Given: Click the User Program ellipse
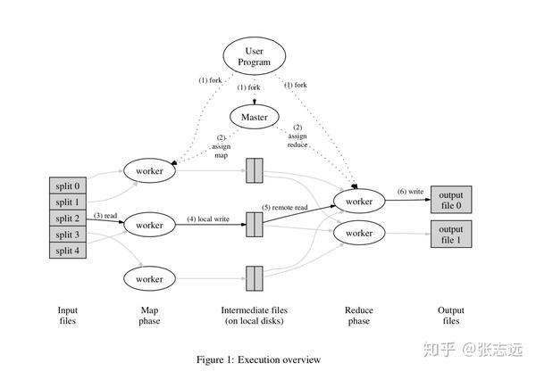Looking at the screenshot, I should point(254,56).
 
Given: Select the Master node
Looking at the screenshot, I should point(255,117).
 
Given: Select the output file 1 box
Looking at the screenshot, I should point(451,234).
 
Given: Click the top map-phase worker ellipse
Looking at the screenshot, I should point(150,169).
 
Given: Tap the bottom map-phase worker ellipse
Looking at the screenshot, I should point(150,279).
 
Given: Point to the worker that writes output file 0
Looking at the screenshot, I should point(359,202).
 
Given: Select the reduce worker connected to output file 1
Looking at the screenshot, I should point(359,233).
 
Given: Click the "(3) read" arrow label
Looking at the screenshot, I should point(105,216).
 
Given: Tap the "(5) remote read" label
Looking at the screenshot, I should point(284,207).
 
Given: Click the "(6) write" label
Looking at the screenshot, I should point(411,192).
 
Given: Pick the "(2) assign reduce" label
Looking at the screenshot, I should point(297,136).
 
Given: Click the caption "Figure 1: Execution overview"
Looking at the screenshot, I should point(258,359).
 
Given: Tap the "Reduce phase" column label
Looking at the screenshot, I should point(358,316).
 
